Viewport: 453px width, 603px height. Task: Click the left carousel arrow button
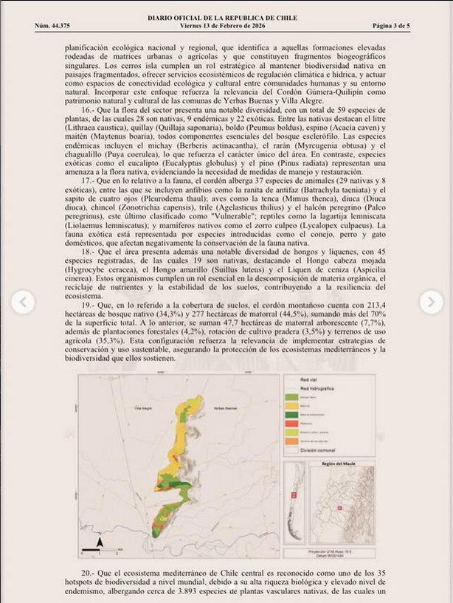click(23, 301)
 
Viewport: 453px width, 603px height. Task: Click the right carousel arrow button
click(431, 301)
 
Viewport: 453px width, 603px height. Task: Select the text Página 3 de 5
click(391, 25)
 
